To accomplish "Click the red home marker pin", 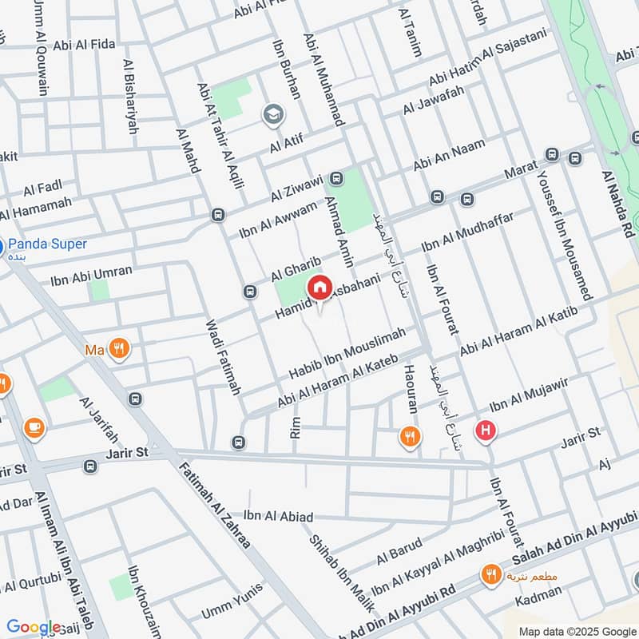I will point(319,288).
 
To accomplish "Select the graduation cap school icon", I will point(272,115).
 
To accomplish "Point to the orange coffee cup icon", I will point(34,427).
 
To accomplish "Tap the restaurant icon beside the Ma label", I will point(120,349).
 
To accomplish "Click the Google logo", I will point(34,627).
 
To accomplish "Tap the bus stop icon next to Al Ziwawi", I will point(336,177).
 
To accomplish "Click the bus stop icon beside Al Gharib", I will point(251,292).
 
